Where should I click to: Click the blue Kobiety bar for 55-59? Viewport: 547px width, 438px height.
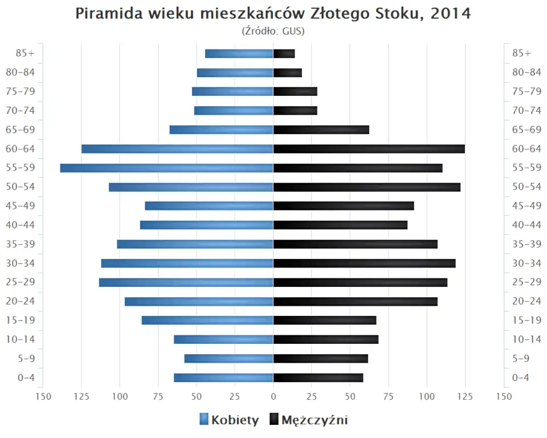166,168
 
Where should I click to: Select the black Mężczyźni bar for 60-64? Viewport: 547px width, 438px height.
369,149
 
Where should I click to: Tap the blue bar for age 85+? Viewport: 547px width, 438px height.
239,54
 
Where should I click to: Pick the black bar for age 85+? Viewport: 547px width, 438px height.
284,54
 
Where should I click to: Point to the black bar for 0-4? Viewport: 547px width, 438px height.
318,378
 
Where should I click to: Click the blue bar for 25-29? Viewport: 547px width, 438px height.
186,282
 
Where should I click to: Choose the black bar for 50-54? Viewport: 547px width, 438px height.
366,187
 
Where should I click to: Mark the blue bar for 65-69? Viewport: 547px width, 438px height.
221,130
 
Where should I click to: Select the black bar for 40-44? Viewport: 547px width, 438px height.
340,225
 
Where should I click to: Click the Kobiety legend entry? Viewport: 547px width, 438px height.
229,420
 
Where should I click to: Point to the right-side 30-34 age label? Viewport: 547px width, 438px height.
526,263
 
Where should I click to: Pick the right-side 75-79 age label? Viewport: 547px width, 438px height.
526,91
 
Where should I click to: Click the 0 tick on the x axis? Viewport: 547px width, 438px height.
273,396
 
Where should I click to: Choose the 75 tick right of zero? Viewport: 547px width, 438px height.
389,396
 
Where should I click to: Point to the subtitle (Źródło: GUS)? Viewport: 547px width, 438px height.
273,31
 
